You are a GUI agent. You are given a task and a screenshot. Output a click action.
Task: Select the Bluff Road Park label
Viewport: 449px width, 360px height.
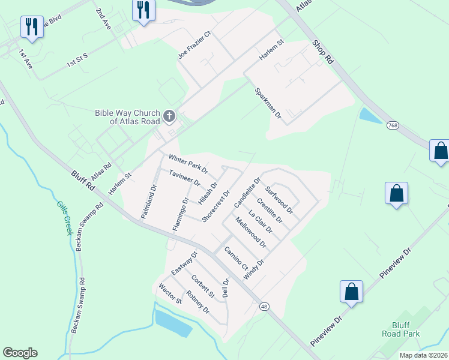coord(402,329)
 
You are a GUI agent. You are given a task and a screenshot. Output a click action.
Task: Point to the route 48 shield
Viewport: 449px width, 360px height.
coord(264,306)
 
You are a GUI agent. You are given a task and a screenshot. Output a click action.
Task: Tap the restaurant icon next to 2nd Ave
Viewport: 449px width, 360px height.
coord(143,10)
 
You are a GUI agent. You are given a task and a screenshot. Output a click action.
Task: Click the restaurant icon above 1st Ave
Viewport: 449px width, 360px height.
coord(31,26)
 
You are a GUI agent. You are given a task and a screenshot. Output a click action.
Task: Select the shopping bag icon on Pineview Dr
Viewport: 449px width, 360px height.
coord(352,292)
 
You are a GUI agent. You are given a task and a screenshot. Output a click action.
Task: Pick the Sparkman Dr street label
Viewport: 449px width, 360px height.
coord(268,103)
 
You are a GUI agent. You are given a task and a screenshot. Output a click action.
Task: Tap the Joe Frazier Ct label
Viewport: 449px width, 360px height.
coord(195,46)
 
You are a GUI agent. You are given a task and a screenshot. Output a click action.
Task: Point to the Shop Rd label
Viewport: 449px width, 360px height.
coord(322,52)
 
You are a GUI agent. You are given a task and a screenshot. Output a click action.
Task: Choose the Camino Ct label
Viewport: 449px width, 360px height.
coord(236,258)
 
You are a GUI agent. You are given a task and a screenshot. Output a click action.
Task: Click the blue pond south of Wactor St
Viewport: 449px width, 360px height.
coord(173,323)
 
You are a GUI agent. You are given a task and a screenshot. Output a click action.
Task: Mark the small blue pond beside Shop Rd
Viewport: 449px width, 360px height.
coord(369,116)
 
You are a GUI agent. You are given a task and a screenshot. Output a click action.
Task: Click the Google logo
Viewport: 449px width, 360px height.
coord(20,353)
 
